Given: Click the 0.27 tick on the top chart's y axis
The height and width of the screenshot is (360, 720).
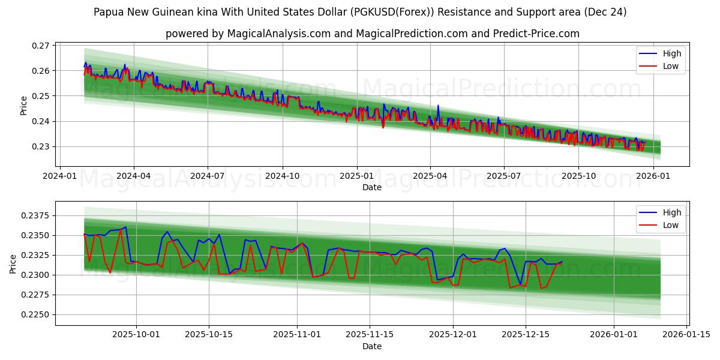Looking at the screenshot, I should [41, 46].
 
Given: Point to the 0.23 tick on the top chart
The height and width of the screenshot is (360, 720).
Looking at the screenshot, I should [41, 146].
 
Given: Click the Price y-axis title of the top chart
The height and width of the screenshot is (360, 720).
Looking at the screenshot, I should [24, 105].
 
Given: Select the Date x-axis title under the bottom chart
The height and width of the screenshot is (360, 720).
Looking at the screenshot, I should [372, 346].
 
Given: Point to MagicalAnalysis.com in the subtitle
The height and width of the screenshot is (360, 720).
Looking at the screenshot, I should [279, 34].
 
